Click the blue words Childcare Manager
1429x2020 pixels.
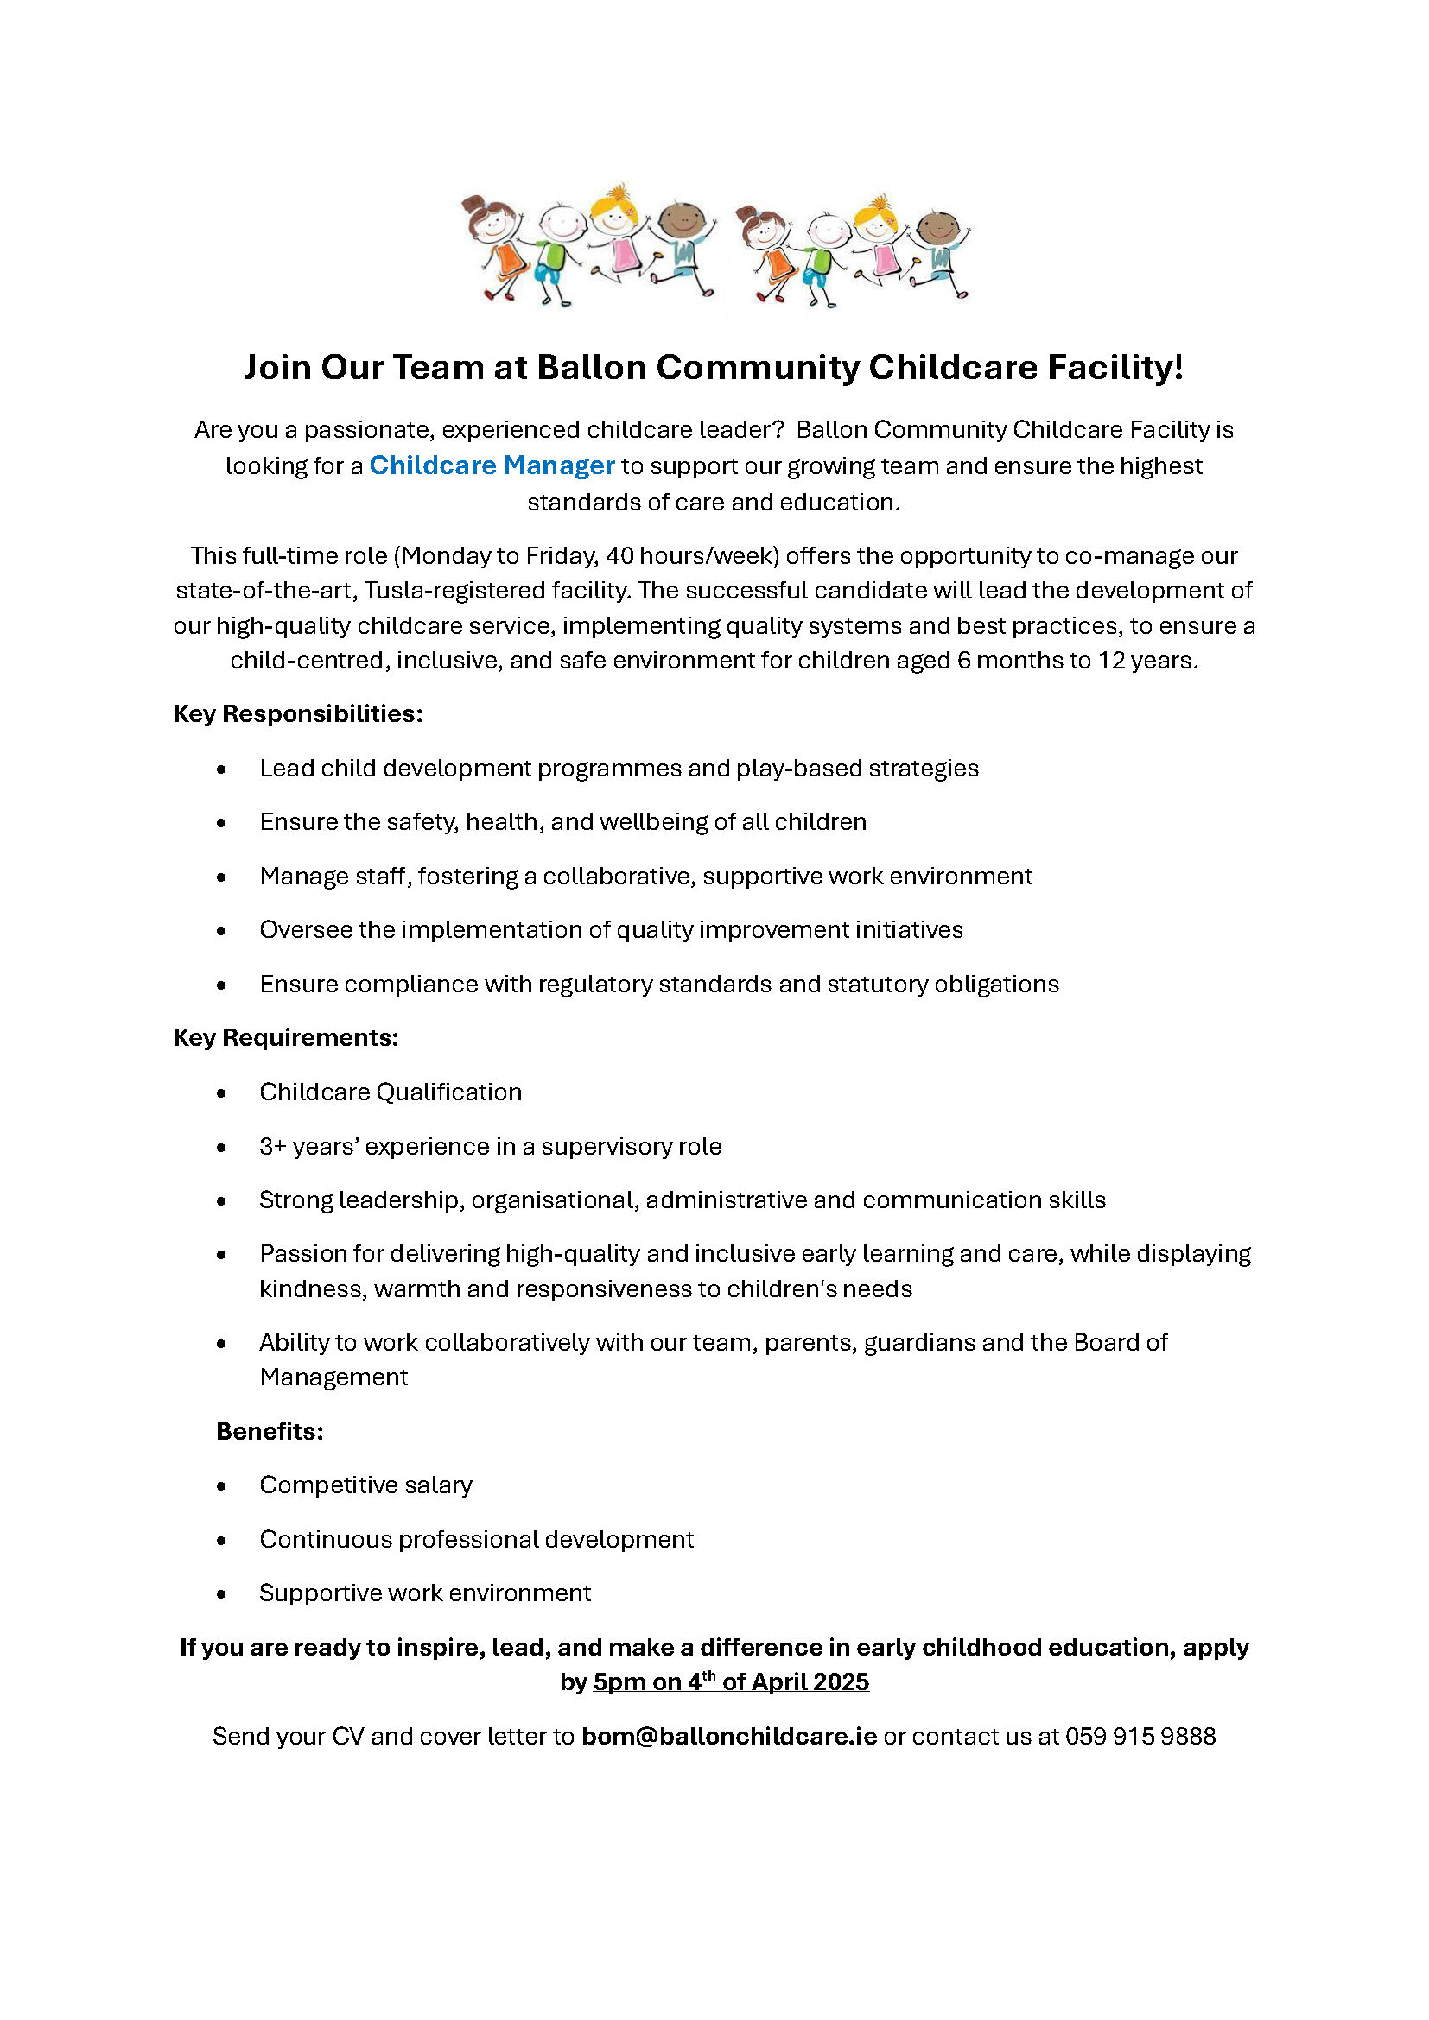tap(491, 465)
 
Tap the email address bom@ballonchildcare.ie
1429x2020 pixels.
tap(728, 1737)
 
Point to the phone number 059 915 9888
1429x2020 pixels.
tap(1140, 1737)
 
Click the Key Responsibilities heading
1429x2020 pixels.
tap(297, 713)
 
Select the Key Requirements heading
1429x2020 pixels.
tap(286, 1038)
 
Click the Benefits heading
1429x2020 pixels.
tap(270, 1431)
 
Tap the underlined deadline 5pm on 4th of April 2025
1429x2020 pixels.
tap(730, 1682)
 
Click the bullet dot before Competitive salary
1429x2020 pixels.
tap(222, 1487)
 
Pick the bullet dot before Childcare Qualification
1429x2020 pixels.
tap(222, 1093)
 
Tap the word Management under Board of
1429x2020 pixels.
tap(333, 1377)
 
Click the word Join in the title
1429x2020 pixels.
tap(276, 368)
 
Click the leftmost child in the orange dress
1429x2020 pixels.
tap(497, 246)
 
